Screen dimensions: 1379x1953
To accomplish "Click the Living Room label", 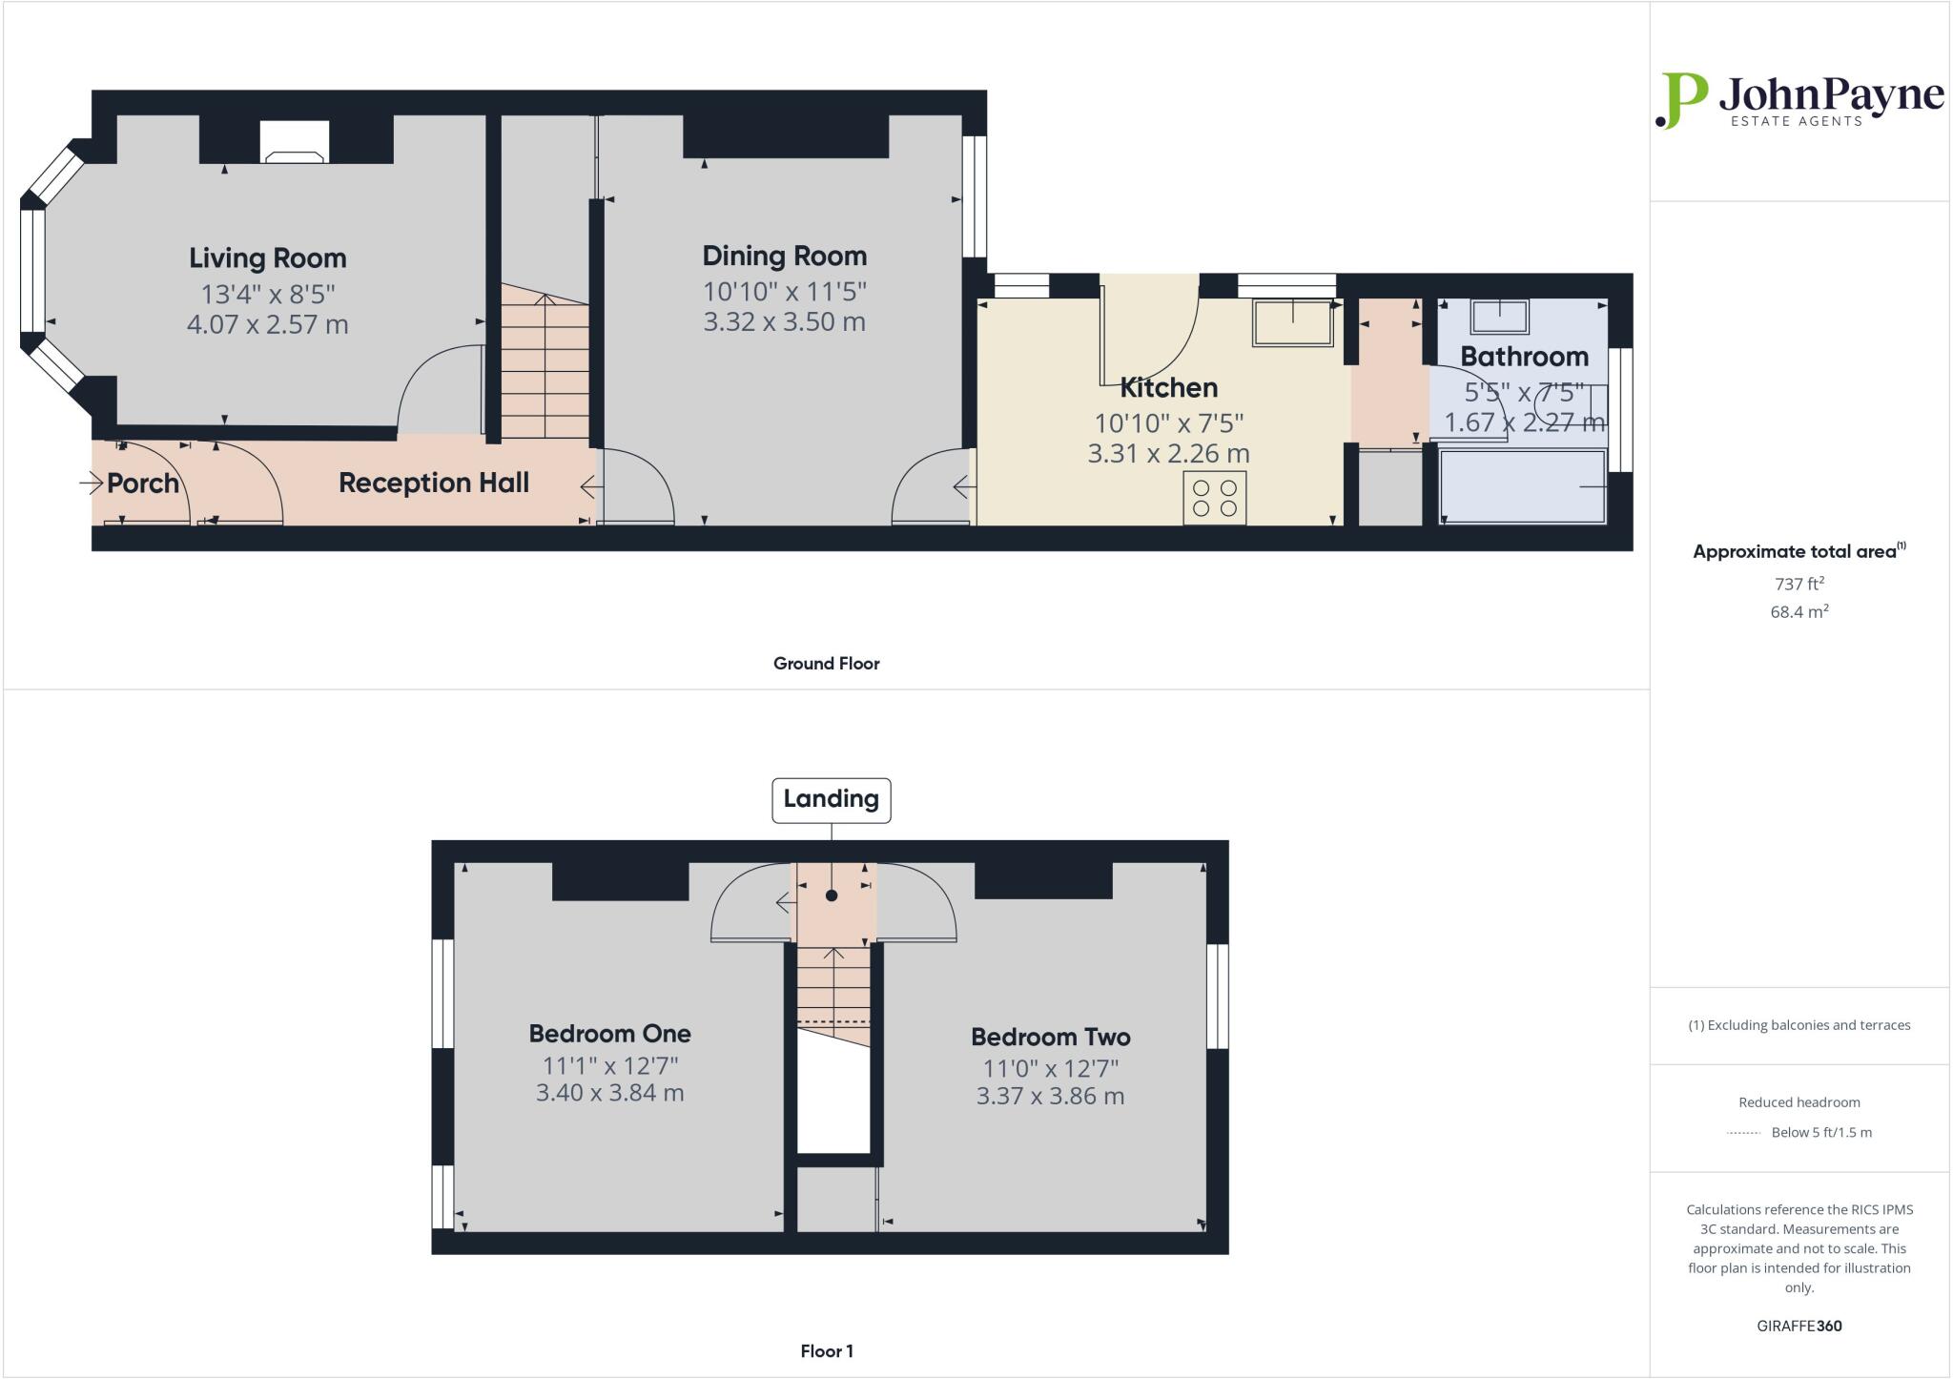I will tap(267, 257).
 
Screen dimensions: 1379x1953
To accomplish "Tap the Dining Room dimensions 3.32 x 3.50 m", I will tap(784, 322).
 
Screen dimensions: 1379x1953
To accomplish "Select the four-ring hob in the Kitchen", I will tap(1215, 498).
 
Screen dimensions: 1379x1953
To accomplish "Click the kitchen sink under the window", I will tap(1292, 322).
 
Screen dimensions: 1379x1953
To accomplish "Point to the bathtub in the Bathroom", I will tap(1522, 486).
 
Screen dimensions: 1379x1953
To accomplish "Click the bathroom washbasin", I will tap(1499, 316).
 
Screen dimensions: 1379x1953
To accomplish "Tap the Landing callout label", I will tap(831, 799).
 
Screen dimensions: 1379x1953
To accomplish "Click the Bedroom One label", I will tap(609, 1034).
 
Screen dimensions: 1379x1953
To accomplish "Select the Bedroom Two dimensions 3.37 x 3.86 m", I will tap(1050, 1097).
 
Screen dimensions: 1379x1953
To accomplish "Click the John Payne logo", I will tap(1799, 100).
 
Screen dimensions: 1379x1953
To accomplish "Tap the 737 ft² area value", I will tap(1799, 584).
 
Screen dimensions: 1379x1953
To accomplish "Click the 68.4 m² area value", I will tap(1799, 612).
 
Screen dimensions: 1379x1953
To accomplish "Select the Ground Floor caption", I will tap(826, 664).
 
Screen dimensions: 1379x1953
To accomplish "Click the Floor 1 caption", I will tap(826, 1351).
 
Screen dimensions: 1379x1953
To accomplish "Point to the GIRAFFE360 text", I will tap(1799, 1327).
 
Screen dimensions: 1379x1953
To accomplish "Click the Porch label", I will tap(143, 484).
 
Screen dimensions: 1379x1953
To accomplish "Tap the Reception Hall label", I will tap(434, 483).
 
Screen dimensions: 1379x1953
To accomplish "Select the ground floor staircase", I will tap(545, 367).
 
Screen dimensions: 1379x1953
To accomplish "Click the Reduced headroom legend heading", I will tap(1799, 1102).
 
